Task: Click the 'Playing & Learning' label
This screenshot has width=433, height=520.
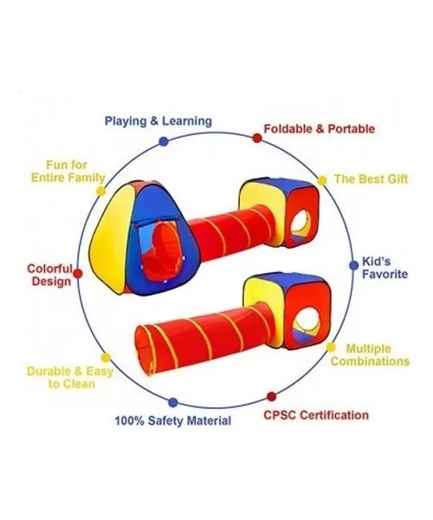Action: tap(158, 120)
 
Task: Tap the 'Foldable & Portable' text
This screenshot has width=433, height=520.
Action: tap(319, 128)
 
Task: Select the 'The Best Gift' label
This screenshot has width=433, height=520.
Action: tap(371, 179)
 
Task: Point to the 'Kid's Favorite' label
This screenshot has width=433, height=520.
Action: tap(385, 268)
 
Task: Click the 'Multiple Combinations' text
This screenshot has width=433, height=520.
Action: tap(370, 354)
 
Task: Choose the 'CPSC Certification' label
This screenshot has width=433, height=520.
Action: tap(316, 415)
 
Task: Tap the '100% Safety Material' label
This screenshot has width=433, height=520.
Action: tap(172, 421)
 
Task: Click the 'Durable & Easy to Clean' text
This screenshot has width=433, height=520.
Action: tap(70, 378)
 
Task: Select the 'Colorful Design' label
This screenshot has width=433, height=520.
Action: tap(50, 275)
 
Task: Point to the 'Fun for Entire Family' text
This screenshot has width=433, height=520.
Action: tap(68, 171)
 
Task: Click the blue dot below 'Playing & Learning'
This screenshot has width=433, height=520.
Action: tap(164, 141)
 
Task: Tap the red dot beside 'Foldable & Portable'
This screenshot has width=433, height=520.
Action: tap(257, 138)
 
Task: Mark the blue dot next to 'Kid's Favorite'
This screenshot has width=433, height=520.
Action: tap(354, 265)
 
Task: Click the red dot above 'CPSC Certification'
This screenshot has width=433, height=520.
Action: tap(271, 396)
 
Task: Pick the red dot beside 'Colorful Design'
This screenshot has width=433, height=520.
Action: tap(78, 274)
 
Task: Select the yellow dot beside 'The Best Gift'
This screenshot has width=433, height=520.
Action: tap(322, 181)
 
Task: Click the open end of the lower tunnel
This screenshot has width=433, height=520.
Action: tap(145, 351)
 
